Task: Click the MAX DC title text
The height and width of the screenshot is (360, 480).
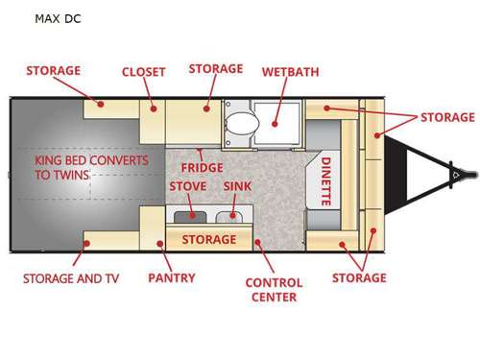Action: pos(57,18)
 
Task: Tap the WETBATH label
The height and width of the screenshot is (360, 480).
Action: pos(290,72)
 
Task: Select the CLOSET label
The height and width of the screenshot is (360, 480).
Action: pos(143,72)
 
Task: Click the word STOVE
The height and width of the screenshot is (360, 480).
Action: pos(188,185)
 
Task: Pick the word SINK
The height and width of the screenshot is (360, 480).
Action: pos(237,185)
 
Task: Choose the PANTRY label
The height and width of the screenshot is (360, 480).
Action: pos(172,278)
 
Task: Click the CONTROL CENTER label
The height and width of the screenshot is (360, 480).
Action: pos(274,290)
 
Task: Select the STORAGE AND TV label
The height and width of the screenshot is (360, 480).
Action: pos(71,279)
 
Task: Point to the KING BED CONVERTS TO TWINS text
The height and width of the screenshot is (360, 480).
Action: pos(92,169)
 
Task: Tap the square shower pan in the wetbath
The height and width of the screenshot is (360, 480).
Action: pos(286,119)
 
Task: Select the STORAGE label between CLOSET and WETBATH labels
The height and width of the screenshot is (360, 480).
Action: pos(216,69)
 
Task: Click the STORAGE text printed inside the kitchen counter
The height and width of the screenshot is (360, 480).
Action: pos(208,239)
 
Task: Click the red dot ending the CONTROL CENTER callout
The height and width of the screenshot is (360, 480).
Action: pos(257,242)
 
